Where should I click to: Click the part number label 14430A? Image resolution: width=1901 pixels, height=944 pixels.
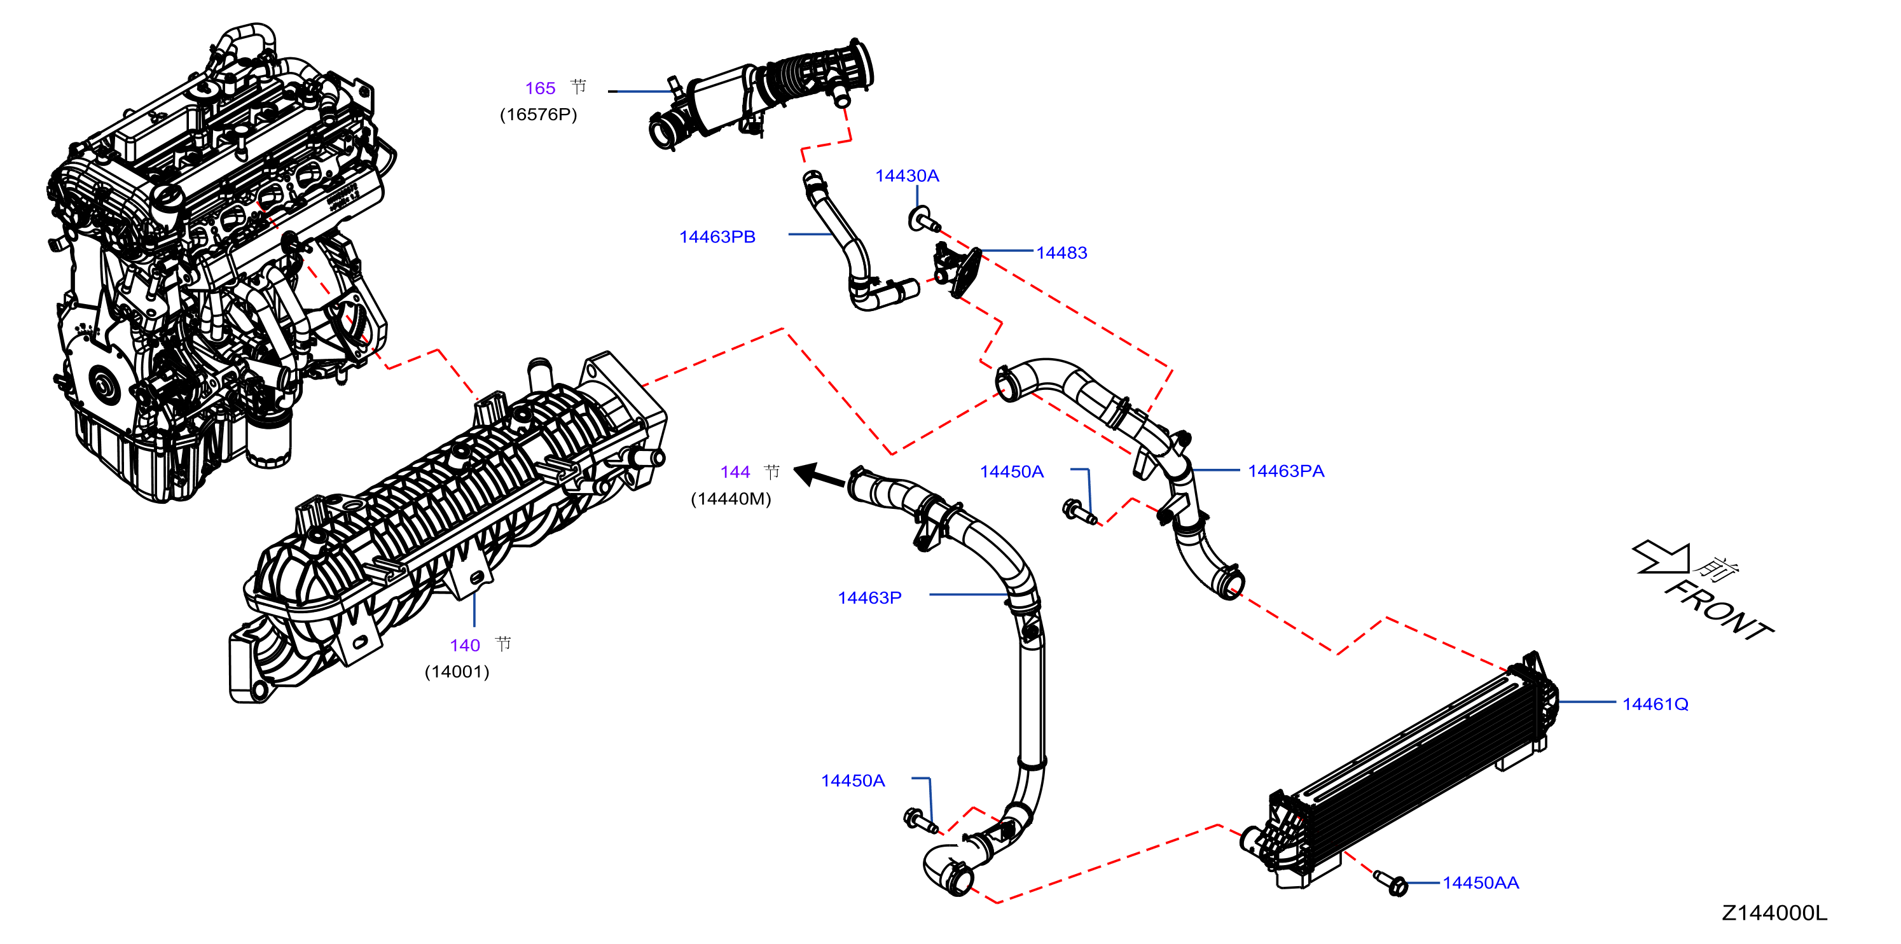pos(906,176)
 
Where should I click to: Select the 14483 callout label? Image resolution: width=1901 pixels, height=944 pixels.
pos(1061,253)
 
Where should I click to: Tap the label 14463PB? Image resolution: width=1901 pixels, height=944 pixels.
pos(717,237)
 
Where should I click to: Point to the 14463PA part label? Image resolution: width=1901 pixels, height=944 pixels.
pos(1285,471)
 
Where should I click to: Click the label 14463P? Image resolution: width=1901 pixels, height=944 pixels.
pos(869,598)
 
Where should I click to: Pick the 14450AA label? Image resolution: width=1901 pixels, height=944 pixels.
pos(1481,883)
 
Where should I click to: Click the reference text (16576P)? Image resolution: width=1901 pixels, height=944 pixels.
pos(538,115)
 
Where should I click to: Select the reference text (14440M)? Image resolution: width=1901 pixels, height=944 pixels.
pos(731,499)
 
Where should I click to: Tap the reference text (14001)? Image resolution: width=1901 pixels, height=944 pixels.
pos(457,672)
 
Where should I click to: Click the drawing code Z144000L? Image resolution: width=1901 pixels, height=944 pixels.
pos(1774,913)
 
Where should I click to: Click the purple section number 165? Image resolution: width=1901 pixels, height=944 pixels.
pos(539,88)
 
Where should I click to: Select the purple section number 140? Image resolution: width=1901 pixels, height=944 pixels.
pos(465,646)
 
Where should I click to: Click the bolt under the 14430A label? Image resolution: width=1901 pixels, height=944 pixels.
pos(922,220)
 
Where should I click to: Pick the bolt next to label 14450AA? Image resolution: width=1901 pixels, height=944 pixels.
pos(1391,883)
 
